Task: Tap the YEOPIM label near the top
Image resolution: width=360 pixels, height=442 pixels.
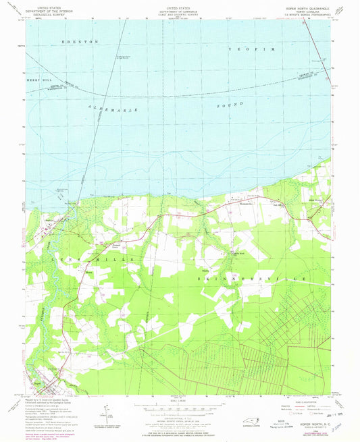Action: pyautogui.click(x=251, y=51)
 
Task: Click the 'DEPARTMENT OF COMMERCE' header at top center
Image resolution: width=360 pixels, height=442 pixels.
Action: pyautogui.click(x=180, y=11)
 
